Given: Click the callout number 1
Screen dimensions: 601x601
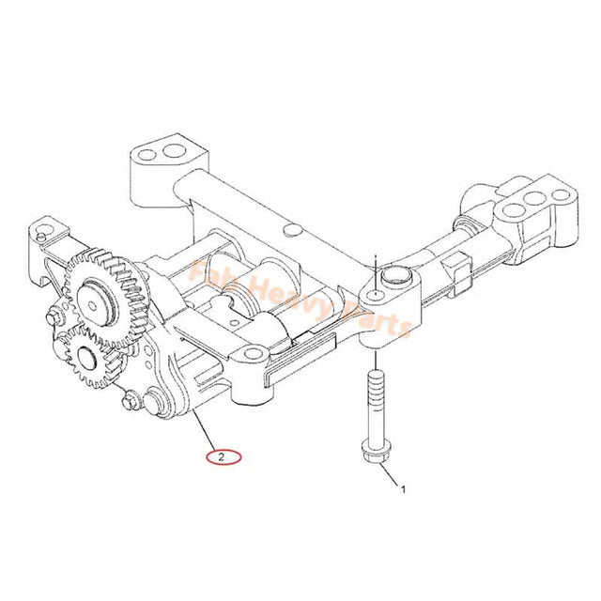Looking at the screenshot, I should pos(405,489).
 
